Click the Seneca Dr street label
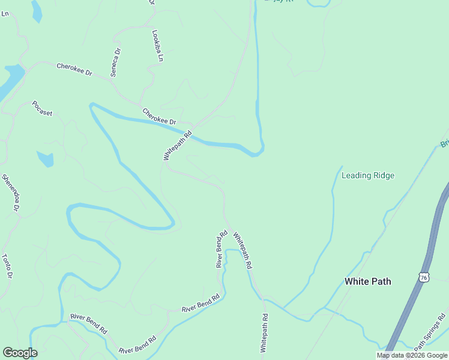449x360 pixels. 115,62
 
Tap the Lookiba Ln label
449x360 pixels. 157,46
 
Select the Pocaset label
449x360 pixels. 43,109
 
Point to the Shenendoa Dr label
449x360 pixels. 11,192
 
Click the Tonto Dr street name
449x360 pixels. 7,266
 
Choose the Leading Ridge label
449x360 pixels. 367,175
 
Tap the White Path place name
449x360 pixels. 367,281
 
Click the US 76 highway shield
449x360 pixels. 424,277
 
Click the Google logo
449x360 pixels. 20,353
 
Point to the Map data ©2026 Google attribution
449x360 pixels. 412,355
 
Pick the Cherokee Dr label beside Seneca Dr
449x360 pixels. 74,68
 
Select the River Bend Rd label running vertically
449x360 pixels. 221,248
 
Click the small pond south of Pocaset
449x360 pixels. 45,159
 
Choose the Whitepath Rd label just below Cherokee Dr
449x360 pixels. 177,145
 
